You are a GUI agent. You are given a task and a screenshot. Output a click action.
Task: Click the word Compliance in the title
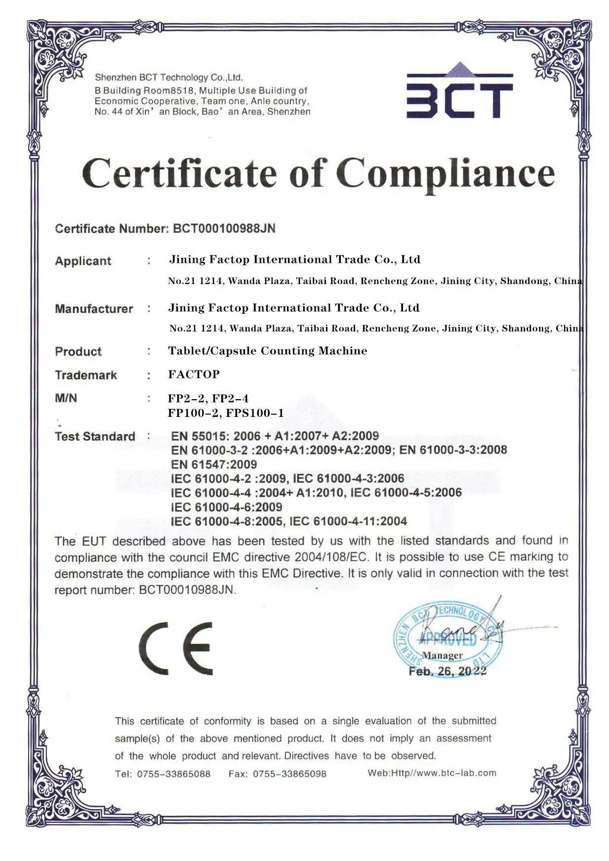coord(446,174)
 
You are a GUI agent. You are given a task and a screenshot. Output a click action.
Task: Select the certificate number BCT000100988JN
coord(224,229)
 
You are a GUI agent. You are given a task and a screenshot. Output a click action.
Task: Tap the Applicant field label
coord(83,261)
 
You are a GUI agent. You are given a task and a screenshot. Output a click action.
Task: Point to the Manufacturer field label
coord(94,309)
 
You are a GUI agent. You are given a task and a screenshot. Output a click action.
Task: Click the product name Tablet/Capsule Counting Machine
coord(267,351)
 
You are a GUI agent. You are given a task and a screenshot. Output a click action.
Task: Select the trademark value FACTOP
coord(194,374)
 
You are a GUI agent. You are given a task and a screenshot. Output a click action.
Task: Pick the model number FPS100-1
coord(255,413)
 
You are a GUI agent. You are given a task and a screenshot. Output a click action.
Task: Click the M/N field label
coord(66,398)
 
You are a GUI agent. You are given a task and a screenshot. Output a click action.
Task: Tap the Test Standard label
coord(95,437)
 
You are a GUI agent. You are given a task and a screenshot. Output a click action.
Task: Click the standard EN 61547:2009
coord(214,464)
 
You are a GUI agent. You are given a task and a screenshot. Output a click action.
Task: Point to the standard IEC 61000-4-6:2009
coord(227,507)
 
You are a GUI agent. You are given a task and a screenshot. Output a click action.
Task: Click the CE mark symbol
coord(176,648)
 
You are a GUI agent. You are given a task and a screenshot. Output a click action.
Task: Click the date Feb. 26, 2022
coord(447,671)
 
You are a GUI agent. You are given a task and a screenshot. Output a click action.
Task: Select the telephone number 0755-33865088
coord(173,774)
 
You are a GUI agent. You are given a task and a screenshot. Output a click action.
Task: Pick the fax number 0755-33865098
coord(289,774)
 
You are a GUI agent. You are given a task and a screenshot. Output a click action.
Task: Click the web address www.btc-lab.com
coord(456,773)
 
